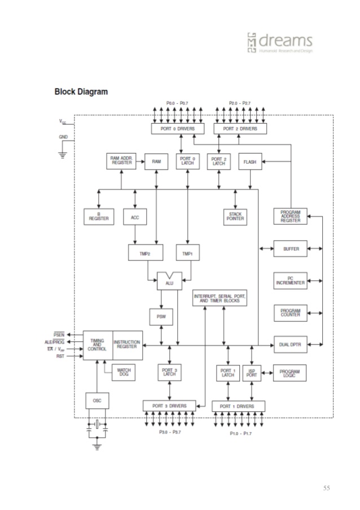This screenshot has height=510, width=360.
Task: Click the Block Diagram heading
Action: coord(81,91)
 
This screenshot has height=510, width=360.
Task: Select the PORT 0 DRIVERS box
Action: coord(177,129)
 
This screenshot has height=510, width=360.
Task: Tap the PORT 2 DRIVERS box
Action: coord(239,129)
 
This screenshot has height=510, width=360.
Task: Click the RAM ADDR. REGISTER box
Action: coord(121,161)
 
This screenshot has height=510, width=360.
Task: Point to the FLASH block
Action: coord(250,162)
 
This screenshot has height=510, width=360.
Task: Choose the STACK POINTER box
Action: coord(236,216)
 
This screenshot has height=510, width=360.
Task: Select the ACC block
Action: coord(135,217)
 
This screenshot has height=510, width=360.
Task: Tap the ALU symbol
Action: coord(169,281)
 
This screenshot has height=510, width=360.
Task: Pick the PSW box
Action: coord(160,317)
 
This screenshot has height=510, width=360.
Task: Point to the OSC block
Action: coord(97,400)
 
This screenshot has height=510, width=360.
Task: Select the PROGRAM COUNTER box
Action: coord(291,312)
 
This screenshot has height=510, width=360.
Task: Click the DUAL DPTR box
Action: coord(291,343)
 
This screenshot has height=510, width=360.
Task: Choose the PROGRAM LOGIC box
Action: coord(290,373)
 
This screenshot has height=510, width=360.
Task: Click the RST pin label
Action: coord(60,356)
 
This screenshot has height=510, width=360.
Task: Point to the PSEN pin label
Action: coord(59,335)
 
